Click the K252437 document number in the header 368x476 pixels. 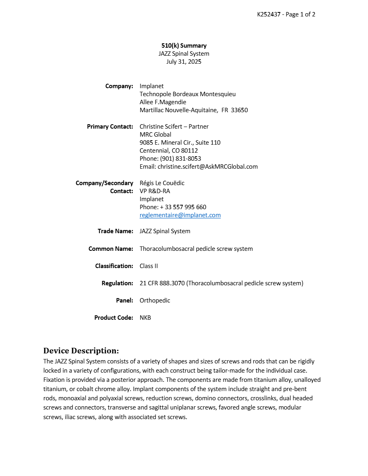pyautogui.click(x=270, y=14)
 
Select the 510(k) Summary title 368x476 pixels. pyautogui.click(x=184, y=46)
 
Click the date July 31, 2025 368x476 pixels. pyautogui.click(x=184, y=62)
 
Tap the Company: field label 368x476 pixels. pyautogui.click(x=119, y=86)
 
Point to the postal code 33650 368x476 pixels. pyautogui.click(x=239, y=110)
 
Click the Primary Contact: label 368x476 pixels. pyautogui.click(x=110, y=127)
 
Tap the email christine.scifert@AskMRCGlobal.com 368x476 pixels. pyautogui.click(x=208, y=167)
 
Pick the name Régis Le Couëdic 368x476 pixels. pyautogui.click(x=162, y=183)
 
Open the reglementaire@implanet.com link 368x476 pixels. pyautogui.click(x=180, y=215)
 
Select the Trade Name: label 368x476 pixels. pyautogui.click(x=115, y=231)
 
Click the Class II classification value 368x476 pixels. pyautogui.click(x=149, y=266)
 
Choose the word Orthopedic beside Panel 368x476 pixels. pyautogui.click(x=155, y=301)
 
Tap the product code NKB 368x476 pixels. pyautogui.click(x=145, y=318)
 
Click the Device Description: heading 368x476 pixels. pyautogui.click(x=81, y=351)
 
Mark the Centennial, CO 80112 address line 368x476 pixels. pyautogui.click(x=169, y=151)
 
